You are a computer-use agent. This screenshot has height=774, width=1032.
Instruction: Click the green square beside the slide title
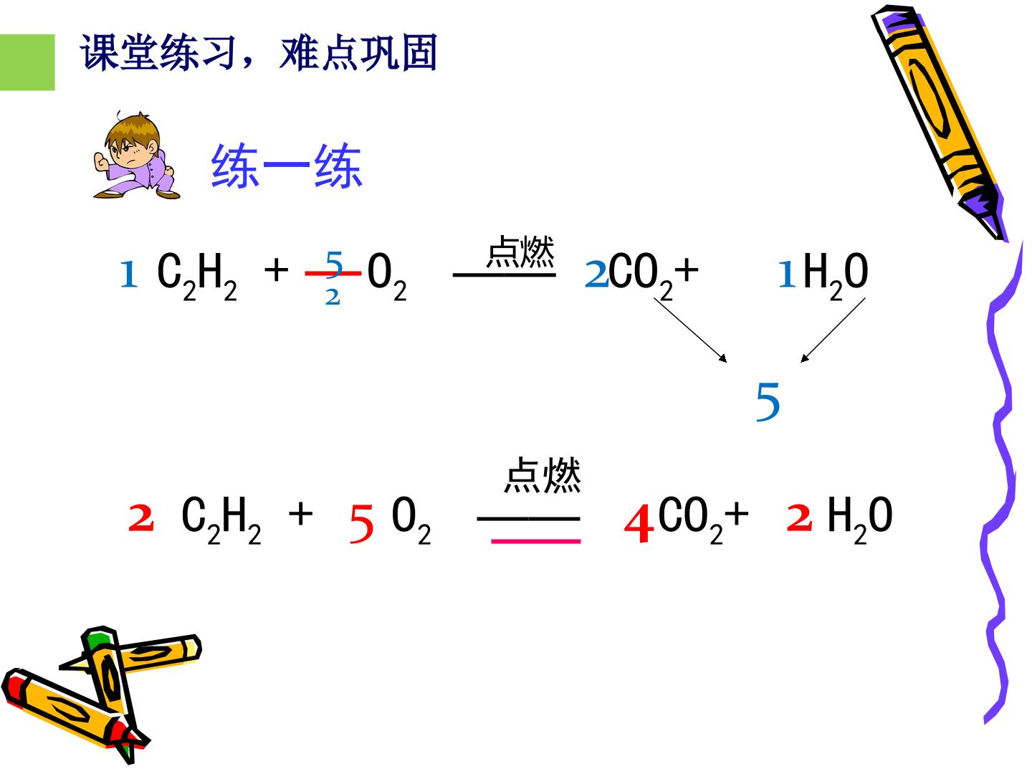pos(27,62)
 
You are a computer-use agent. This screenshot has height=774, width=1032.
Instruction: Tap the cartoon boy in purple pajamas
pos(136,155)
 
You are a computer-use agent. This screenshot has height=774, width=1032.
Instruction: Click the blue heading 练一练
pos(287,166)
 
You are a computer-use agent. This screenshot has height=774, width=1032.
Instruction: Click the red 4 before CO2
pos(639,522)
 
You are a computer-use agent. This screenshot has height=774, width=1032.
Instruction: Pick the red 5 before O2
pos(361,523)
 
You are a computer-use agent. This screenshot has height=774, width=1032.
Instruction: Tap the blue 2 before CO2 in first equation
pos(597,274)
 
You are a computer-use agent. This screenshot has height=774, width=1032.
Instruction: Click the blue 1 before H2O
pos(787,274)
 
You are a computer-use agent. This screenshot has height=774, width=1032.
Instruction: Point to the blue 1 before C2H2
pos(129,274)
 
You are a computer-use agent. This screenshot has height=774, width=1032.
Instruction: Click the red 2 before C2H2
pos(141,518)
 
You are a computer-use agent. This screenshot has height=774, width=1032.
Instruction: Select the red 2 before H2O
pos(799,518)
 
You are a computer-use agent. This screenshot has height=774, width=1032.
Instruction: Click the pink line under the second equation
pos(536,541)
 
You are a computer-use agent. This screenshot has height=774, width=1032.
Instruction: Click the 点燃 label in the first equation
pos(520,252)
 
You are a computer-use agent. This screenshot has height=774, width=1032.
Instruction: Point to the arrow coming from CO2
pos(690,330)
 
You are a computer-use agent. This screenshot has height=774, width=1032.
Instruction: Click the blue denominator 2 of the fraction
pos(333,297)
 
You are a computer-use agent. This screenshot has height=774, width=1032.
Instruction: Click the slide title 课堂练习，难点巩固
pos(259,52)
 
